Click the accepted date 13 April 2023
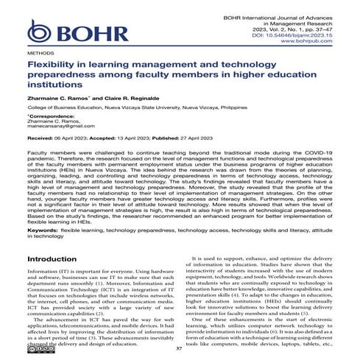tap(147, 138)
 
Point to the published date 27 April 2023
tap(225, 138)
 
